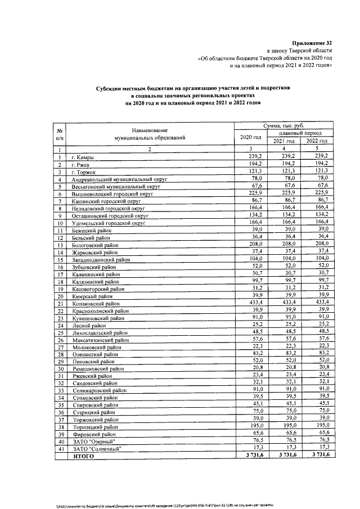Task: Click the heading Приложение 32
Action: click(313, 43)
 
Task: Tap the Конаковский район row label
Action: click(92, 303)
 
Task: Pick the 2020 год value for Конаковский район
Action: click(250, 303)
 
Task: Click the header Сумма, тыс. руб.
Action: click(286, 127)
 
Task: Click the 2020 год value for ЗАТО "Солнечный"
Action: click(250, 449)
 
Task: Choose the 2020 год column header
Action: click(250, 137)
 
